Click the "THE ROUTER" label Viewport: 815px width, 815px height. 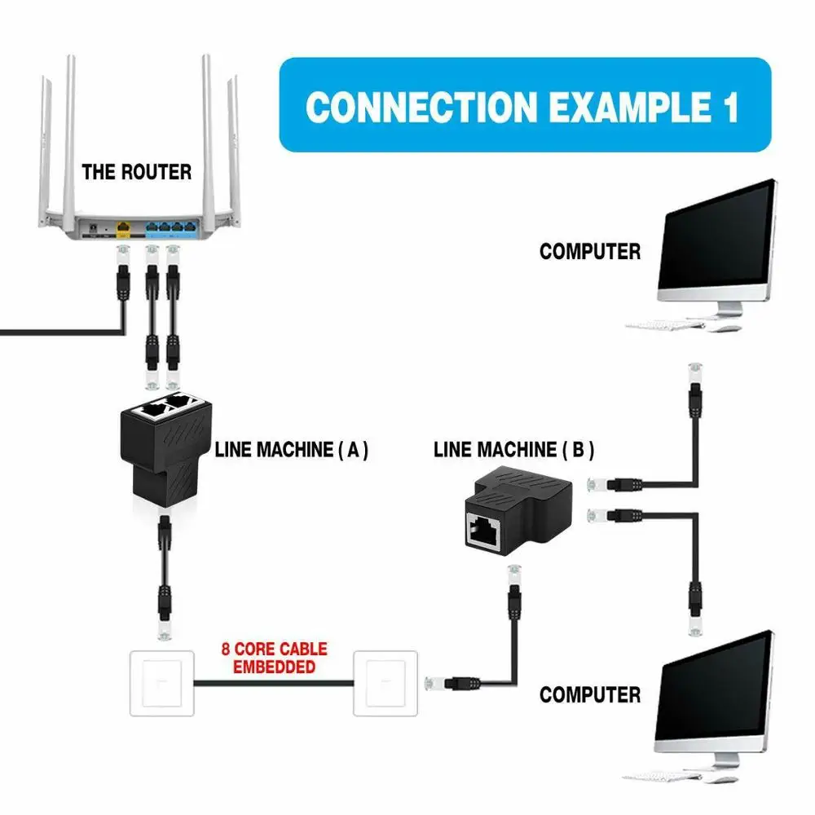point(136,172)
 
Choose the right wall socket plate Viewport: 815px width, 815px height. point(387,682)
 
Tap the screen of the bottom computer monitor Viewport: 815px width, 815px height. point(717,689)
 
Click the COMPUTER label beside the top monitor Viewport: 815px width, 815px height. point(590,252)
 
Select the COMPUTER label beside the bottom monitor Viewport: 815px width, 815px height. point(590,695)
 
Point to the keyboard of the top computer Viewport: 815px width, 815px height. point(664,325)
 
